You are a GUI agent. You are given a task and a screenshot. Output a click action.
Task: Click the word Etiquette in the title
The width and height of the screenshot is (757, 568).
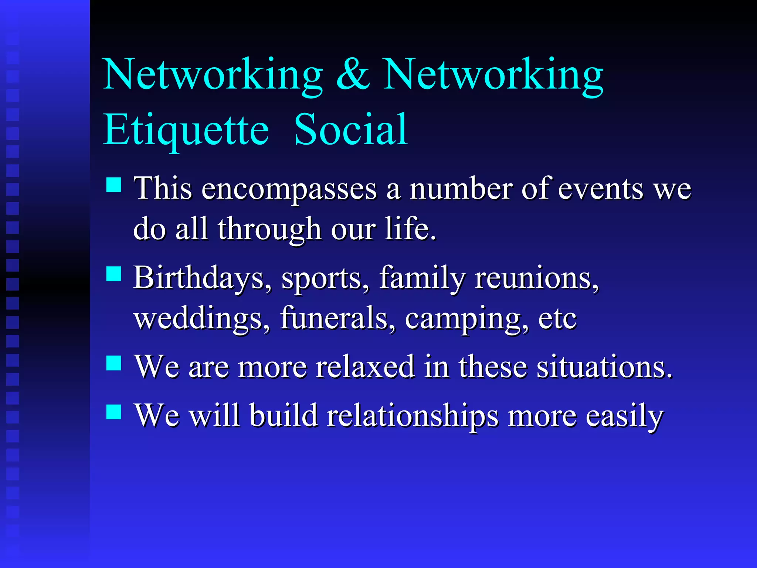(x=186, y=130)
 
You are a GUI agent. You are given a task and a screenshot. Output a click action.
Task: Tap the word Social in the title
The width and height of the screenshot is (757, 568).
(x=351, y=130)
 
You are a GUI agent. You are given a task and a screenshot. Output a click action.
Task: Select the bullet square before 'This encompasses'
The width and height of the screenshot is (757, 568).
(x=114, y=185)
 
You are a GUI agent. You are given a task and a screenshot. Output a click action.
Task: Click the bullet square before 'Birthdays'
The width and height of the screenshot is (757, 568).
(x=114, y=274)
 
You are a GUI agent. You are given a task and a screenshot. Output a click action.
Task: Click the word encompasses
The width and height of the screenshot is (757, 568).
(x=289, y=189)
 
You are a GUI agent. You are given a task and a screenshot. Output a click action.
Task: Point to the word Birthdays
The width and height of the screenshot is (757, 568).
(x=203, y=278)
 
